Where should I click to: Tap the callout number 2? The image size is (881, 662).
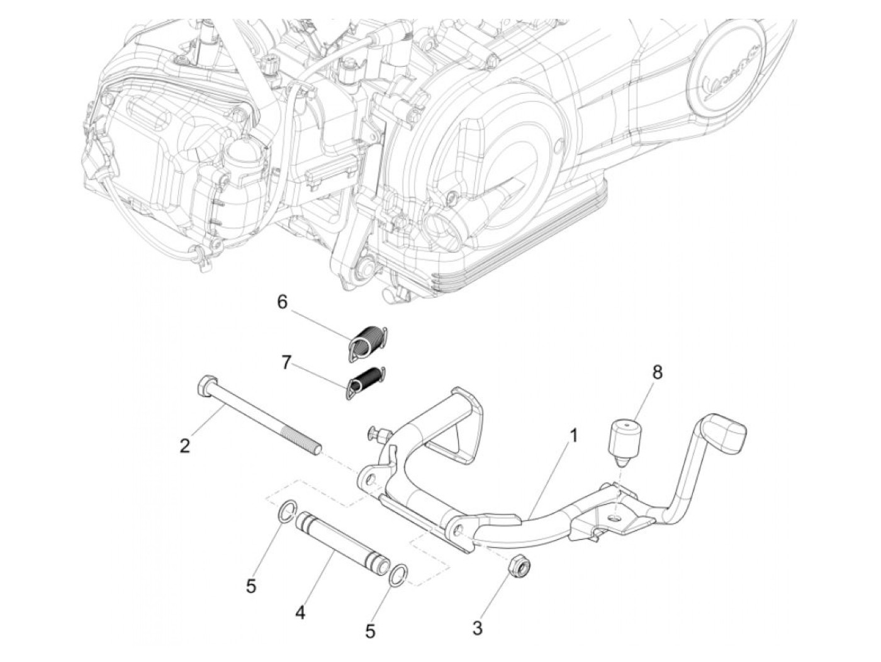pyautogui.click(x=184, y=446)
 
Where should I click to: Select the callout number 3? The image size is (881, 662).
pyautogui.click(x=478, y=627)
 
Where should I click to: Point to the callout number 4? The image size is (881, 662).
pyautogui.click(x=300, y=612)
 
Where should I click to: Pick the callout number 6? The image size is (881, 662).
pyautogui.click(x=282, y=302)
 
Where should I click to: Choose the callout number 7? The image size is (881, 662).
pyautogui.click(x=286, y=364)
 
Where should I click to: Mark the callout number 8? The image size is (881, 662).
pyautogui.click(x=657, y=372)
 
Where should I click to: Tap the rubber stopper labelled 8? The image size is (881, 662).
pyautogui.click(x=622, y=440)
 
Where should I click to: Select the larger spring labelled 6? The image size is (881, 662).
pyautogui.click(x=367, y=342)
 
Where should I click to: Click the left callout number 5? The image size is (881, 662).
pyautogui.click(x=251, y=586)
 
